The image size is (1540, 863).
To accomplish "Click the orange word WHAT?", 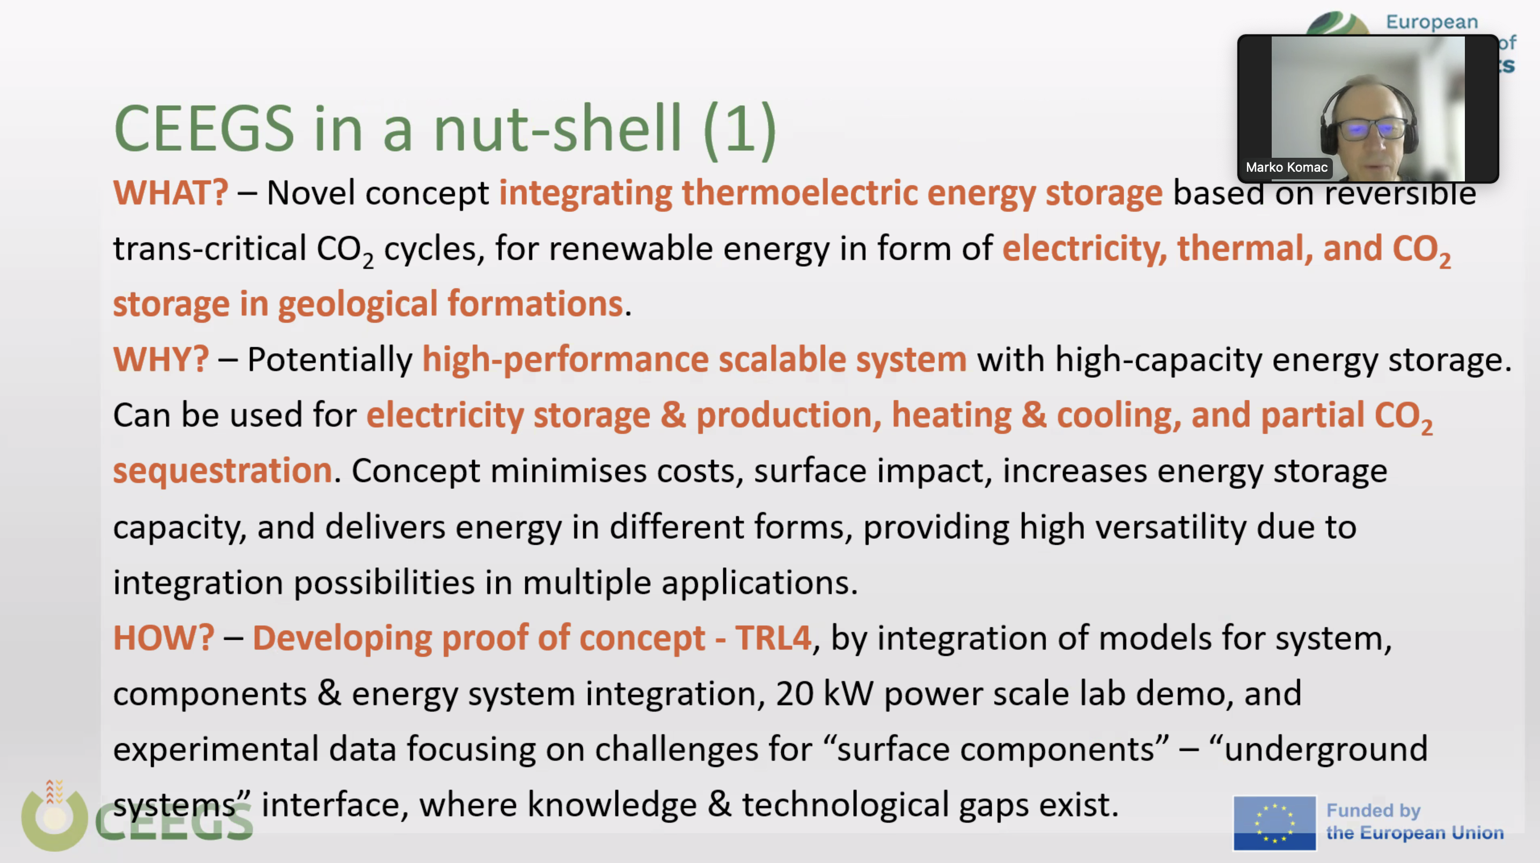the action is [171, 193].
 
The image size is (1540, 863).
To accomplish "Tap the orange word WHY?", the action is [161, 360].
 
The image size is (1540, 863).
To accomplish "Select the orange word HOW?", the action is [163, 638].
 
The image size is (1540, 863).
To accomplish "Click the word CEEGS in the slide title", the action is [204, 129].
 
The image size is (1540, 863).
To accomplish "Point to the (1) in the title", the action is [740, 130].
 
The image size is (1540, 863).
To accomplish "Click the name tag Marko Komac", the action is [1287, 167].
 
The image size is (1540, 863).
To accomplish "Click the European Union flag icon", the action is [1274, 822].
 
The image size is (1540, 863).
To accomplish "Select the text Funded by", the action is [1373, 810].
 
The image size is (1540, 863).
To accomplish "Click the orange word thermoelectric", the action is [800, 193].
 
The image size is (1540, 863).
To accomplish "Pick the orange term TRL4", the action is [773, 638].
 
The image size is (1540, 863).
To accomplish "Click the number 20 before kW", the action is [795, 694].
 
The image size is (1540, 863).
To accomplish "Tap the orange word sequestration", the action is [222, 471].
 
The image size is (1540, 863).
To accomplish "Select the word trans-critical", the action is [210, 248].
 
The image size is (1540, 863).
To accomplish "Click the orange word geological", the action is [357, 304].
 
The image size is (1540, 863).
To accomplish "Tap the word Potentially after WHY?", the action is [329, 360].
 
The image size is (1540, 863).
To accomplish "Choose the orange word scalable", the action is [781, 360].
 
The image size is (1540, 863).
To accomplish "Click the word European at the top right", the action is [1432, 22].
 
